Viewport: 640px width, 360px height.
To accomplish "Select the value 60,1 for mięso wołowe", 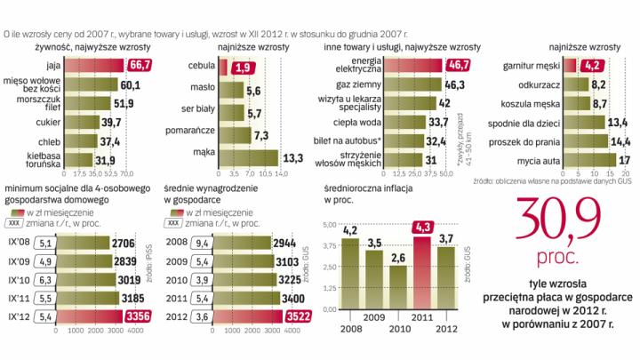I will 131,84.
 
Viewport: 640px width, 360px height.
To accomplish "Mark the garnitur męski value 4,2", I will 594,65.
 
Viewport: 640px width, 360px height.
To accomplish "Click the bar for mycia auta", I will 596,159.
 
